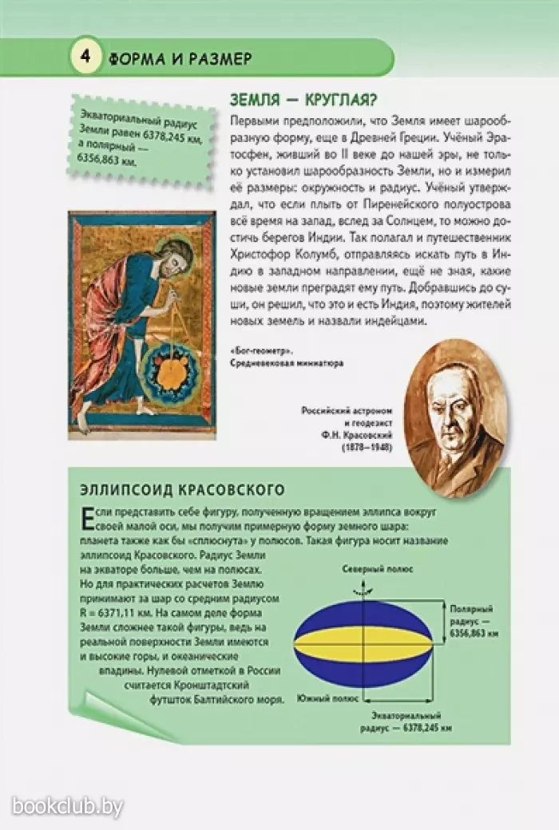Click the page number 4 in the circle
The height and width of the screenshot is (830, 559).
tap(85, 57)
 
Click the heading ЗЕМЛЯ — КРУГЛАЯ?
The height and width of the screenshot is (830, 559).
tap(303, 101)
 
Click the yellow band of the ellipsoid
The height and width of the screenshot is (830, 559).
tap(363, 641)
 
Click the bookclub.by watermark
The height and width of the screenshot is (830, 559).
tap(67, 807)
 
